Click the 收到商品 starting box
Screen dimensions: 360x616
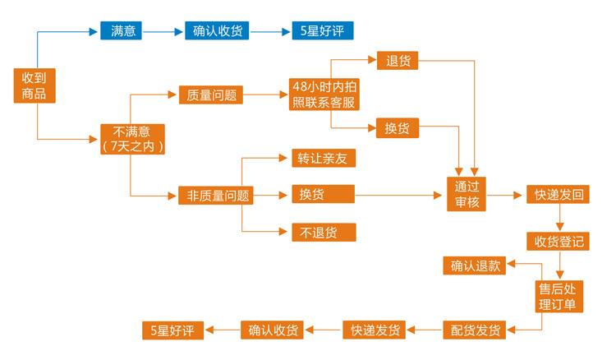34,85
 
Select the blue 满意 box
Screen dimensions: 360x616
123,31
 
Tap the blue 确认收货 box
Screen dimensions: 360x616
217,31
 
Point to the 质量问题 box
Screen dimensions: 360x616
212,95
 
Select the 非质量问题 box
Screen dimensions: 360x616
214,196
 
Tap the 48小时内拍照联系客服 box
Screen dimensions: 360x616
323,95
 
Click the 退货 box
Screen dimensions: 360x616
398,61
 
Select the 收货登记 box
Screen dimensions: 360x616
559,241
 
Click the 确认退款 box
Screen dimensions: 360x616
474,265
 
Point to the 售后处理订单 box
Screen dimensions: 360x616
559,296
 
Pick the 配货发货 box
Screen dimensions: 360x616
476,330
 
